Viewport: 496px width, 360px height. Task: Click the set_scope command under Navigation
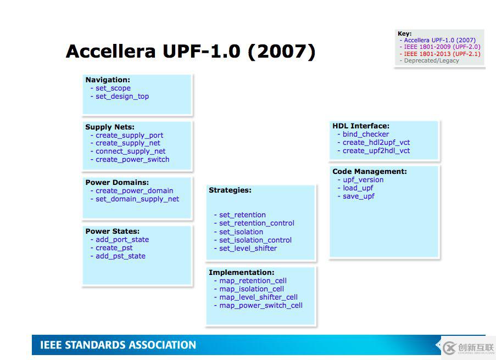click(113, 88)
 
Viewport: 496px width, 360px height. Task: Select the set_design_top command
click(122, 97)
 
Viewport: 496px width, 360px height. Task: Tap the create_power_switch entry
click(132, 160)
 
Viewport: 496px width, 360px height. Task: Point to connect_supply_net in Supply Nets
click(130, 151)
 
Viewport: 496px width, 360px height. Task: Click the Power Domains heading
click(117, 182)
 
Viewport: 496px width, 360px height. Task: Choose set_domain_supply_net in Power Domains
click(137, 199)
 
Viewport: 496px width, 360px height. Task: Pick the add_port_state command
click(122, 240)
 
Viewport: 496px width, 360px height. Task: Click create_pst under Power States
click(114, 248)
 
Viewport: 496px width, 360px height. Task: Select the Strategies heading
click(230, 190)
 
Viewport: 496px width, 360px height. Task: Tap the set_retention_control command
click(257, 223)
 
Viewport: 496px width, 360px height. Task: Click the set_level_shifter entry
click(248, 249)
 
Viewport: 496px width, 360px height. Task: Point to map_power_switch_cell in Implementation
click(261, 306)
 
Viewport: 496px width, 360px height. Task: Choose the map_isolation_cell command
click(252, 289)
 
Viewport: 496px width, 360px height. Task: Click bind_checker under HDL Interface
click(366, 134)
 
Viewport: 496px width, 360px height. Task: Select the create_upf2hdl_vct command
click(376, 151)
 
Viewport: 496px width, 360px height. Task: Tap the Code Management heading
click(370, 171)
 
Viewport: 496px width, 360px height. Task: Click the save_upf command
click(358, 196)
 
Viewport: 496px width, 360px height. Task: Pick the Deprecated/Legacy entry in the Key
click(432, 61)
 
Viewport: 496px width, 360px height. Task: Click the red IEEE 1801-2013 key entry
click(442, 54)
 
